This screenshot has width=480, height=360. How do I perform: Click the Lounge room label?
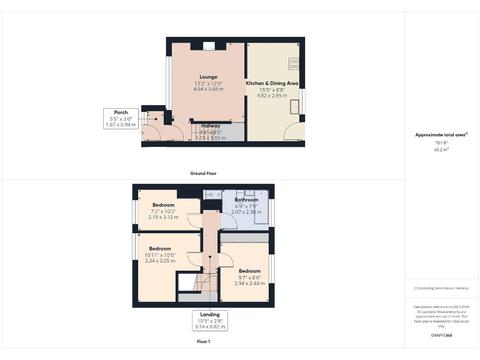(x=208, y=77)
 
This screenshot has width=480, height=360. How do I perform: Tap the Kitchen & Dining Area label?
(x=272, y=83)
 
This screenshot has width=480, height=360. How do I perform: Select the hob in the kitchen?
(x=294, y=64)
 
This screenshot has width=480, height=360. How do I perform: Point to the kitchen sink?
(x=294, y=108)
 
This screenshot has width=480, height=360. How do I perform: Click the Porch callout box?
(x=121, y=119)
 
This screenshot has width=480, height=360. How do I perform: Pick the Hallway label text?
(x=210, y=126)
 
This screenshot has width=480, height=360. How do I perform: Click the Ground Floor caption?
(x=203, y=173)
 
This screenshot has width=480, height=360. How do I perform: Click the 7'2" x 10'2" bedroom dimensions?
(x=163, y=211)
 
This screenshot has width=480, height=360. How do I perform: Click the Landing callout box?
(x=210, y=320)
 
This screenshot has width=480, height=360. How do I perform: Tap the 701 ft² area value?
(x=441, y=143)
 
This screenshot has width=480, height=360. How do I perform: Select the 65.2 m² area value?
(x=441, y=150)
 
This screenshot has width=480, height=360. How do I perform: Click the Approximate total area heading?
(x=441, y=135)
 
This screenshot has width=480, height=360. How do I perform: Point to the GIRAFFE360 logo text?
(x=441, y=336)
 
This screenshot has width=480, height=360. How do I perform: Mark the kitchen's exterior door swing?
(x=294, y=132)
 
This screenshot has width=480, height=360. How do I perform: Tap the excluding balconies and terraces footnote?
(x=441, y=288)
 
